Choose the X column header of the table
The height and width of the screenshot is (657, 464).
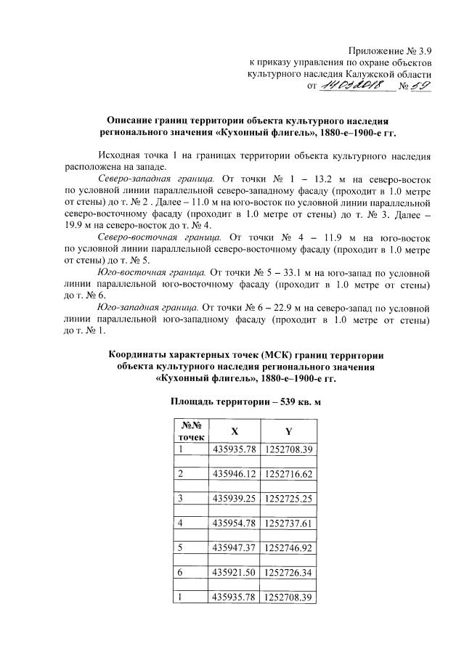point(234,430)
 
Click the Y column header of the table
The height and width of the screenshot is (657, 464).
point(288,430)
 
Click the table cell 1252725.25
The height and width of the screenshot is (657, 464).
point(288,497)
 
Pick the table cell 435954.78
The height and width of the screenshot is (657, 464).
point(234,521)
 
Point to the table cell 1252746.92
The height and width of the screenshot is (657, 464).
point(288,545)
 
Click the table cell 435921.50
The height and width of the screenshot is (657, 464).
point(234,573)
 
